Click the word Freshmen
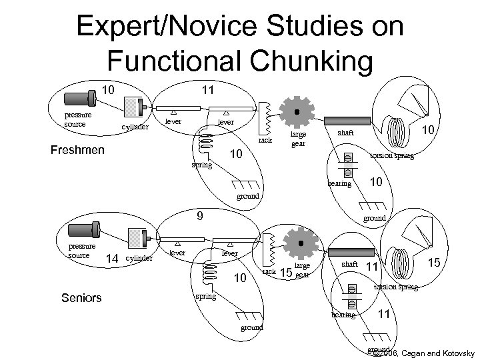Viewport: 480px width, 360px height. (77, 149)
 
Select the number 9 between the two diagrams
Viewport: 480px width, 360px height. (199, 215)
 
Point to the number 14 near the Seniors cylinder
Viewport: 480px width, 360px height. (113, 257)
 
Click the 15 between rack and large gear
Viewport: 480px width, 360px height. (285, 272)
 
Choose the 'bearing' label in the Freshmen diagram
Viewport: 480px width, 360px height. (339, 183)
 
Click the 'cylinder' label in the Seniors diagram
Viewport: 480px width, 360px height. (140, 257)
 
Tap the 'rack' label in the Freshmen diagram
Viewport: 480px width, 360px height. (267, 140)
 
